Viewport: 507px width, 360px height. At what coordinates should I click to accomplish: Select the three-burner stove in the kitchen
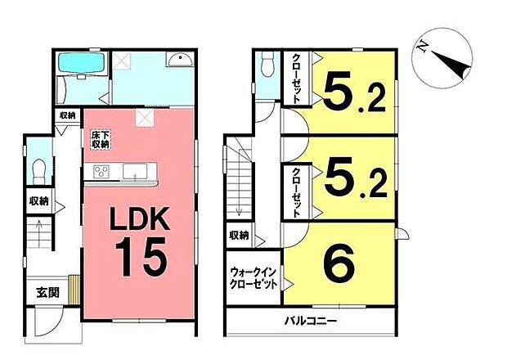(x=102, y=171)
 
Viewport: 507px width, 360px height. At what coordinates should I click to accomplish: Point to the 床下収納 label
(x=99, y=138)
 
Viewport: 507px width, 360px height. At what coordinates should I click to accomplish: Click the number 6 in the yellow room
(x=338, y=265)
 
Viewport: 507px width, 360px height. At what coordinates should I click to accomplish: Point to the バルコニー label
(x=312, y=321)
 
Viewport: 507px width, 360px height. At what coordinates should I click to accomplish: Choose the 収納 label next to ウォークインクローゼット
(x=239, y=236)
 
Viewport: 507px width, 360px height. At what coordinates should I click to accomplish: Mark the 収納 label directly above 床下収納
(x=67, y=117)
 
